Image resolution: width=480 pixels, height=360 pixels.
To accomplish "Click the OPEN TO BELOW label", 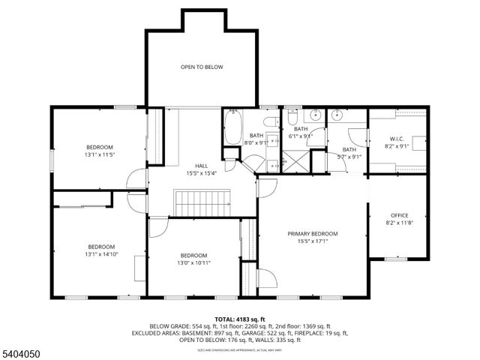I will click(x=202, y=67).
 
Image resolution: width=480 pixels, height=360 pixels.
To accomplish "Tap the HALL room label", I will click(x=202, y=166).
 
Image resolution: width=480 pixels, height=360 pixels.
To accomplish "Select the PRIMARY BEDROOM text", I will click(x=313, y=234).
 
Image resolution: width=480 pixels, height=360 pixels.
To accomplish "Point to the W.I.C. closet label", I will click(x=397, y=138).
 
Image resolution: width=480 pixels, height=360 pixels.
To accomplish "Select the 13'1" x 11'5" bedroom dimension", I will click(x=99, y=154).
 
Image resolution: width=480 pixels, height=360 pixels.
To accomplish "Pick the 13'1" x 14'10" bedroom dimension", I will click(x=101, y=254).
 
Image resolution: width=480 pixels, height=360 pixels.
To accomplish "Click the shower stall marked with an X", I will click(x=295, y=160).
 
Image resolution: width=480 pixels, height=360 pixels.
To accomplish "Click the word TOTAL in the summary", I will click(x=226, y=319).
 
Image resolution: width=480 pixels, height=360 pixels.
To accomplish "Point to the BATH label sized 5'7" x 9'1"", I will click(x=349, y=149).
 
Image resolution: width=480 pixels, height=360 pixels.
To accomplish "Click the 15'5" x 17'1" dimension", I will click(x=313, y=241).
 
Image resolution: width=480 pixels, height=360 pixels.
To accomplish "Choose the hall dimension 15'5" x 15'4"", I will click(x=202, y=173).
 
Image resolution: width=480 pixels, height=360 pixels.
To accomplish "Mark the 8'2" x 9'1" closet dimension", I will click(x=397, y=145).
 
